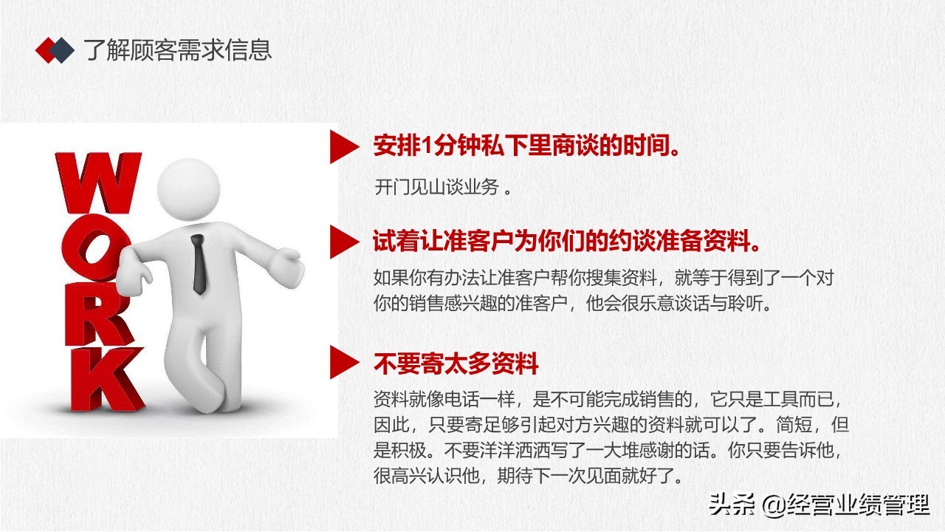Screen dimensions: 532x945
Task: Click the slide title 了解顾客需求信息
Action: click(177, 50)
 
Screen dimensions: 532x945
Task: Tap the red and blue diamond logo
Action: click(55, 50)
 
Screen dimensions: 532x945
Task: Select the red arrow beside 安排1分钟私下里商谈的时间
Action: click(340, 147)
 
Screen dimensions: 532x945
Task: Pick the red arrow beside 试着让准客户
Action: click(340, 242)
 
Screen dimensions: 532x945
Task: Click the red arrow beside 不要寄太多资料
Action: click(340, 363)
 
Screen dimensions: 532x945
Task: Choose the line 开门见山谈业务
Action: click(443, 187)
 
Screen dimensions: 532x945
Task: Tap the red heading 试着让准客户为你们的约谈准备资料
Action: click(568, 242)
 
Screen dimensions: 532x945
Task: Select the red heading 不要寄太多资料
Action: click(456, 364)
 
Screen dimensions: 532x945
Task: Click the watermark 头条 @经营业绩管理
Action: click(819, 506)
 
